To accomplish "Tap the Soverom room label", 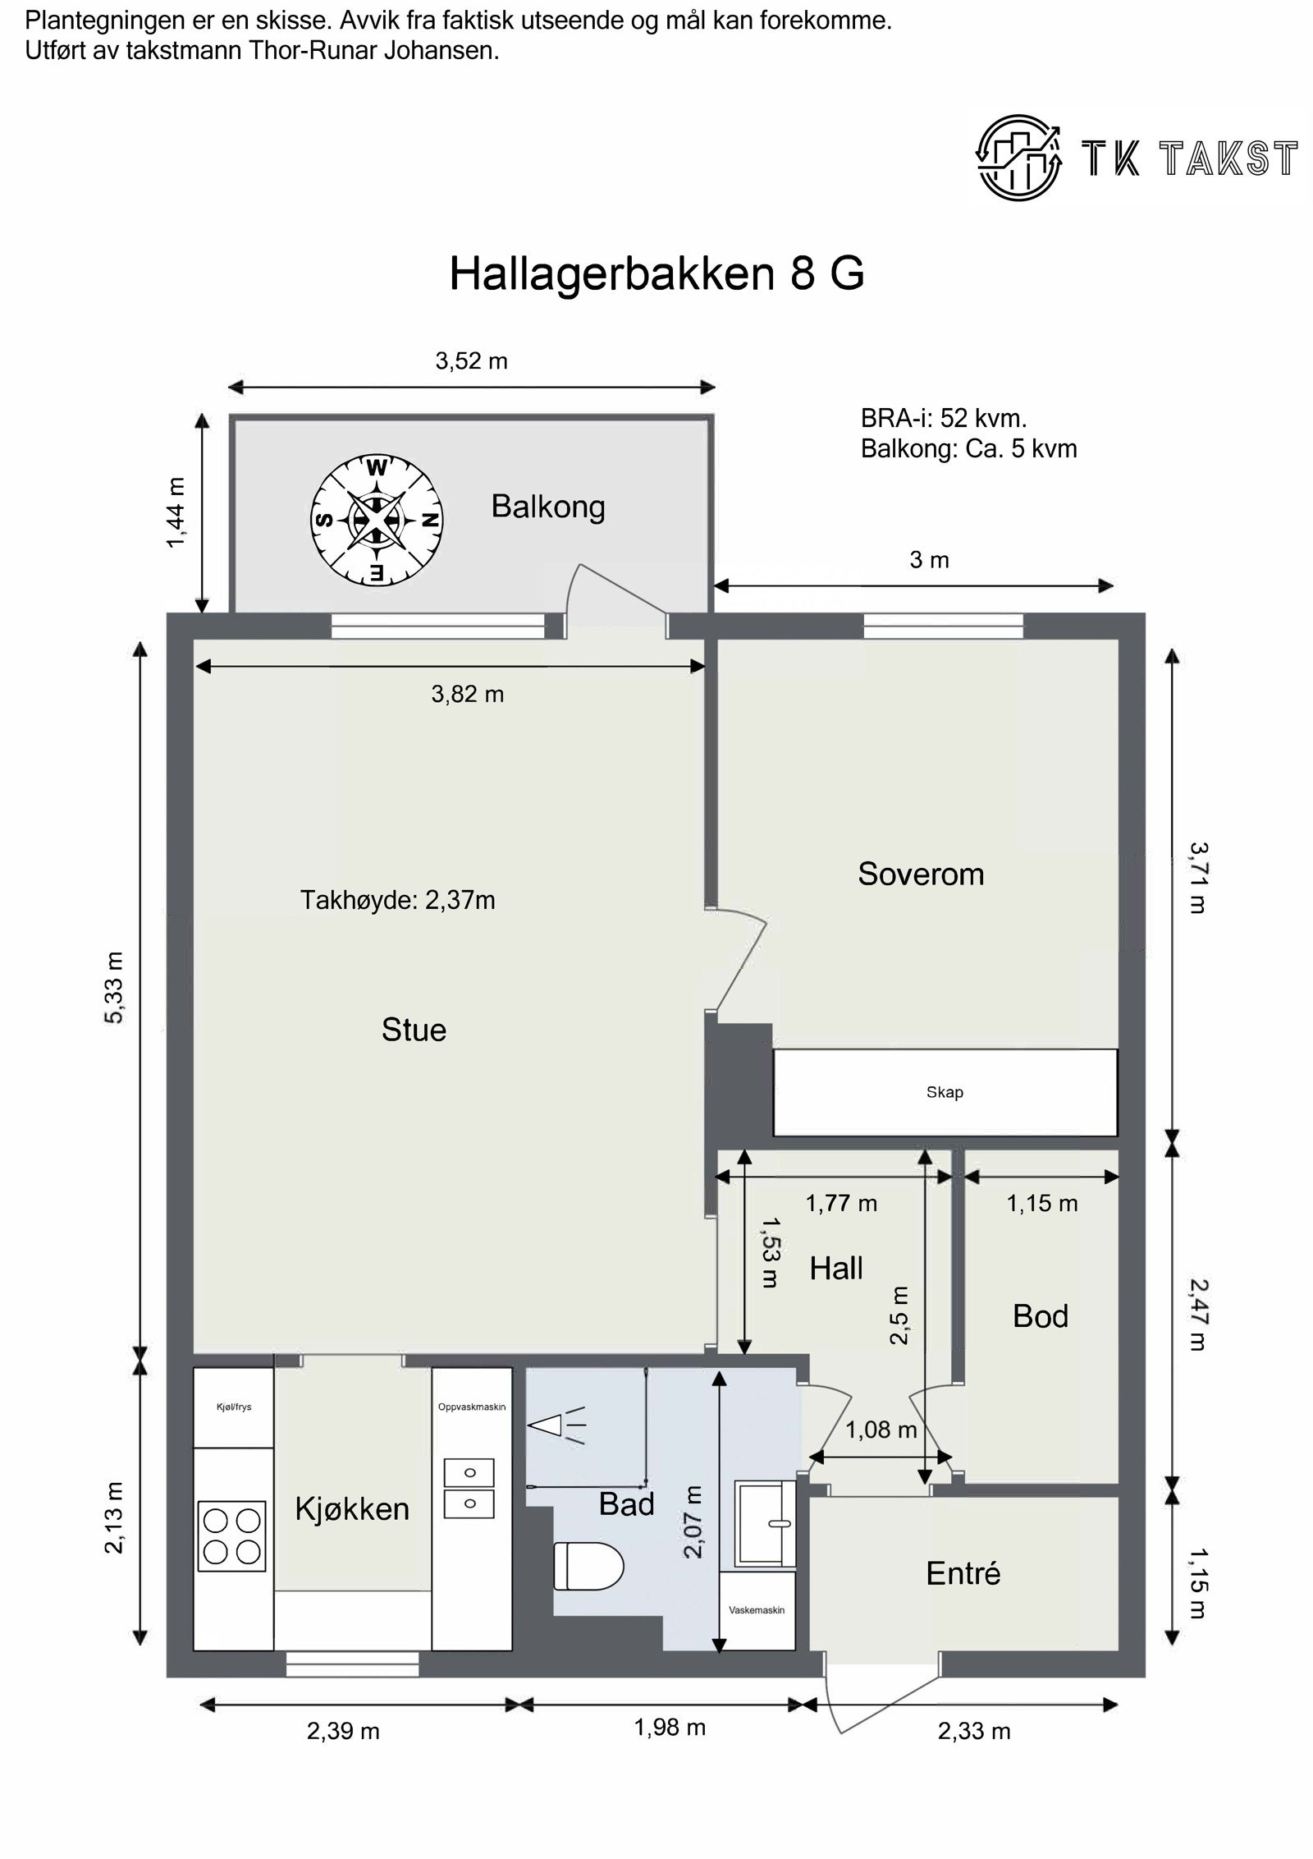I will pos(920,874).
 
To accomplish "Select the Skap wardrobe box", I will pos(945,1093).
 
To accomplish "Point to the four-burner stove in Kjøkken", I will pos(232,1535).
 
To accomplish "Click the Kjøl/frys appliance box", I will pos(233,1407).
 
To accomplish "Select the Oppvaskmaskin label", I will pos(472,1407).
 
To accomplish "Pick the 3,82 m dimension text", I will pos(467,695).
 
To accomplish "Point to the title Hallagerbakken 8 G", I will pos(656,273).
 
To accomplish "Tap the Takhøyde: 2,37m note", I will pos(397,901).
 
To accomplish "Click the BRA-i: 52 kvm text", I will pos(944,419).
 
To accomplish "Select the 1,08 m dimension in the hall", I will pos(881,1430).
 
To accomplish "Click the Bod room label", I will pos(1040,1316).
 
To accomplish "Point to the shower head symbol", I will pos(556,1426).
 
